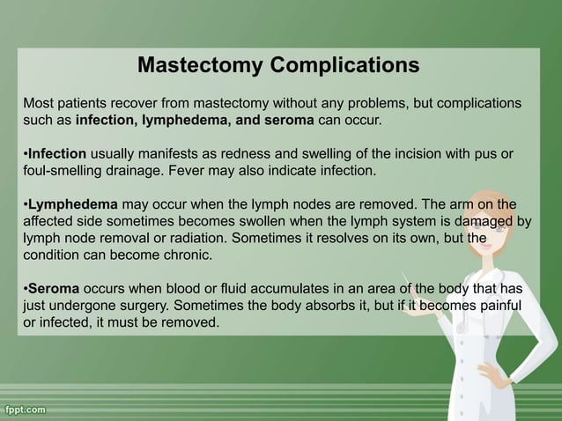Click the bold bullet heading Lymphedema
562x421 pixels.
(x=72, y=203)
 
